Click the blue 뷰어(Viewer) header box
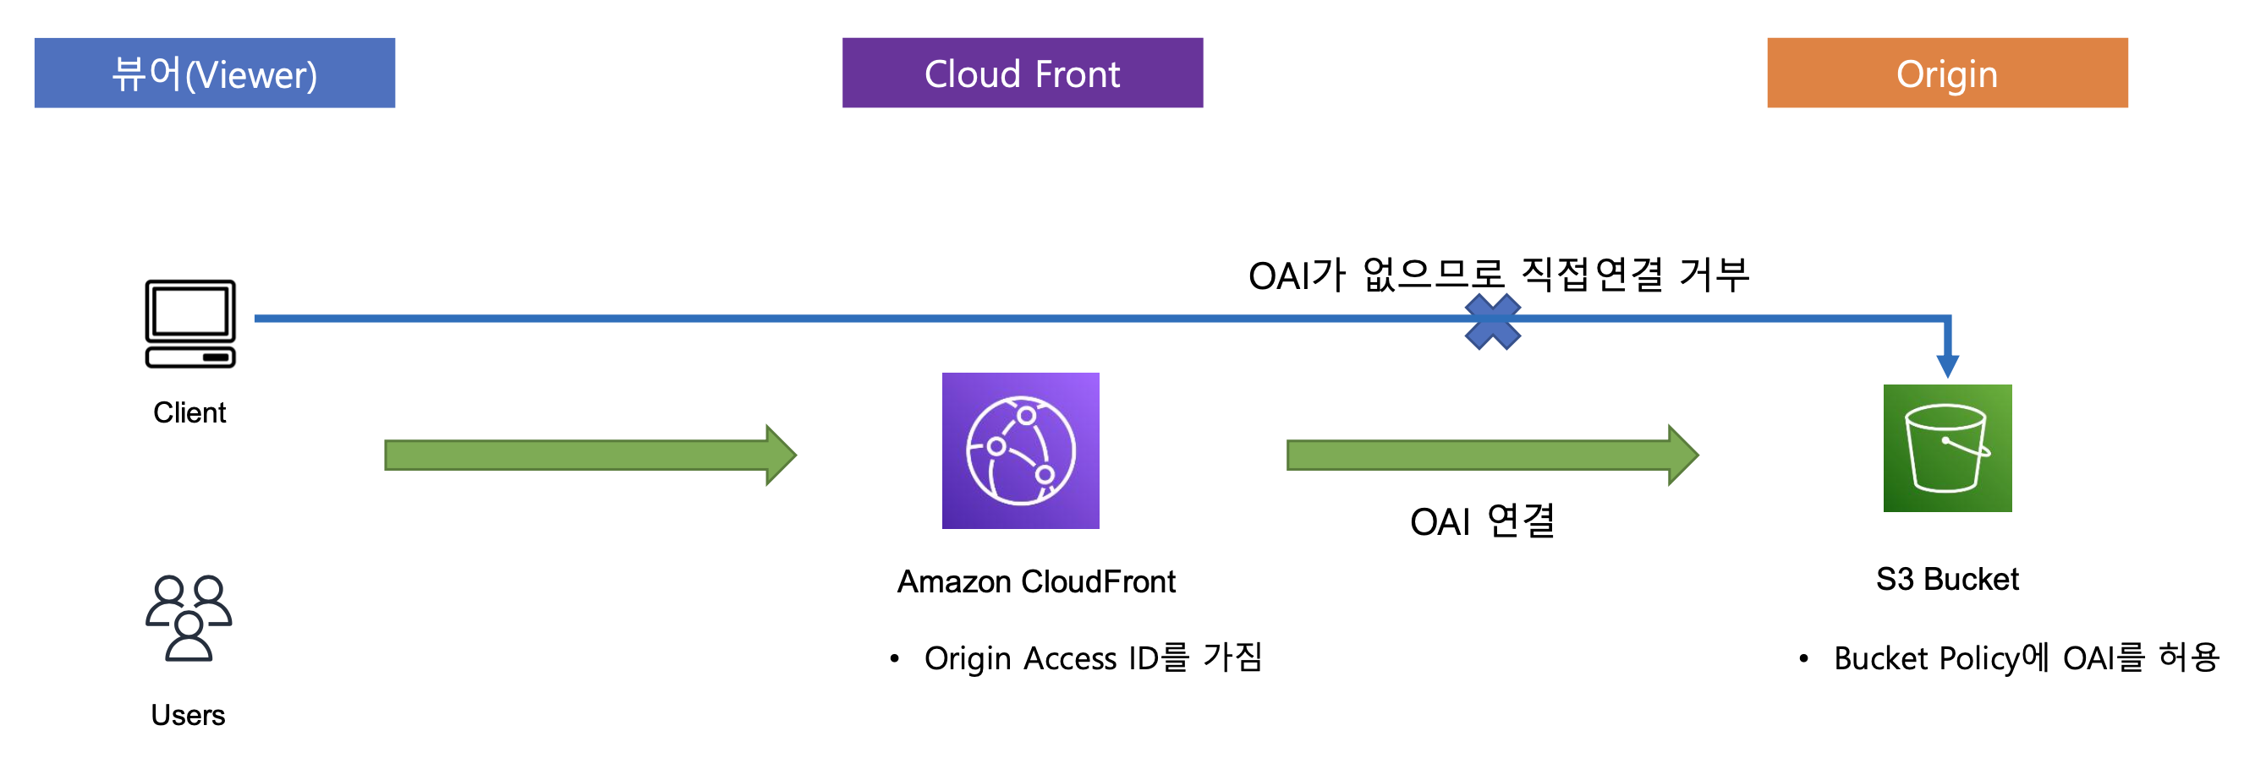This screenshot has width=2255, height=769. pyautogui.click(x=215, y=73)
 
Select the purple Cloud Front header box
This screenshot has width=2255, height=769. pyautogui.click(x=1023, y=73)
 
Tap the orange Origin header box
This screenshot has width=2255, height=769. pyautogui.click(x=1947, y=73)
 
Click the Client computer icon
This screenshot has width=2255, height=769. pyautogui.click(x=190, y=324)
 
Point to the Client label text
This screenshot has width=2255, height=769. pyautogui.click(x=189, y=412)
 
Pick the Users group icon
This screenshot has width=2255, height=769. pyautogui.click(x=189, y=618)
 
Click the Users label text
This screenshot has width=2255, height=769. pyautogui.click(x=189, y=715)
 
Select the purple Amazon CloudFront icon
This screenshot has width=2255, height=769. pyautogui.click(x=1021, y=450)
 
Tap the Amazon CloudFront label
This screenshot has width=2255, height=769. pyautogui.click(x=1036, y=581)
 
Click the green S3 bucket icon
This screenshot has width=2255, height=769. pyautogui.click(x=1948, y=448)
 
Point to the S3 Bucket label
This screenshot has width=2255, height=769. pyautogui.click(x=1948, y=579)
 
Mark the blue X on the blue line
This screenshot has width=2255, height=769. pyautogui.click(x=1493, y=321)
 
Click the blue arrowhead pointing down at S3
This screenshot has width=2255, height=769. pyautogui.click(x=1948, y=366)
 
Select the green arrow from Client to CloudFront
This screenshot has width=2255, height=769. pyautogui.click(x=591, y=455)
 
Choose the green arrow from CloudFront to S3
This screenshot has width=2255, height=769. pyautogui.click(x=1493, y=455)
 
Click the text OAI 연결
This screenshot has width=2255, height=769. pyautogui.click(x=1482, y=521)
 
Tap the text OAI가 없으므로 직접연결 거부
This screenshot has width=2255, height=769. pyautogui.click(x=1499, y=275)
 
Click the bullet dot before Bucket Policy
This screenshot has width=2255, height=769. pyautogui.click(x=1803, y=659)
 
